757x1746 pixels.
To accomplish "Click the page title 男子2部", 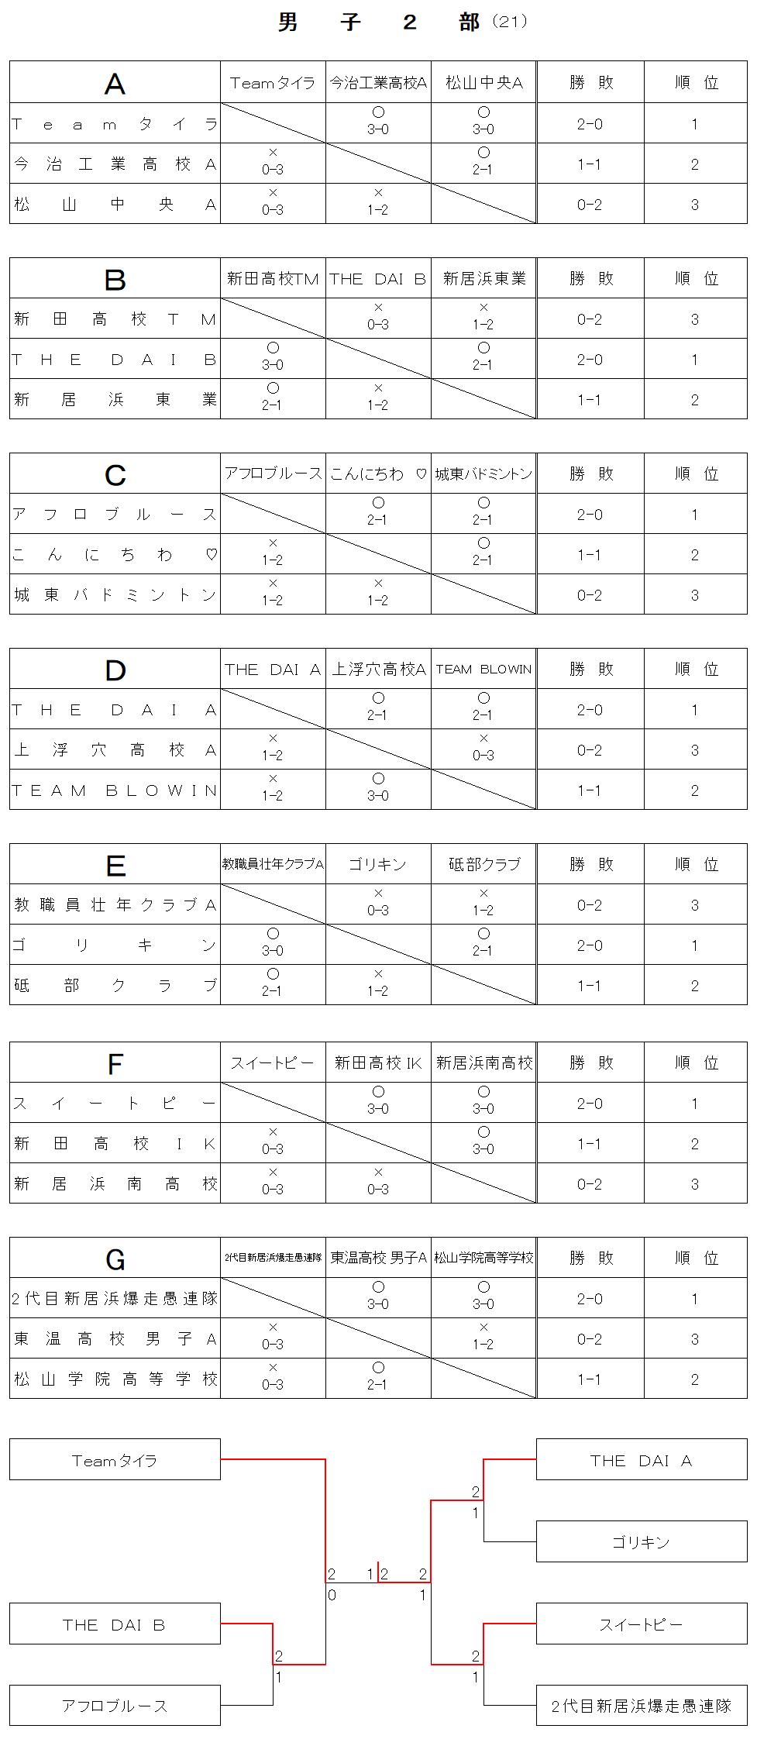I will click(380, 22).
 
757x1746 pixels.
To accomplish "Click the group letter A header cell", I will click(115, 83).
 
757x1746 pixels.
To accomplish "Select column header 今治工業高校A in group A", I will click(378, 83).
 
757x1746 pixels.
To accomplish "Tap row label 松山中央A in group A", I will click(115, 205).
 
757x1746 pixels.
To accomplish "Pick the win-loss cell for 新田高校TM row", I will click(590, 319).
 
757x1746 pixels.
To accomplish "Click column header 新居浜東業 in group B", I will click(484, 278).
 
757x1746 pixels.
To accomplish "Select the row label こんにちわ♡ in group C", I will click(115, 555).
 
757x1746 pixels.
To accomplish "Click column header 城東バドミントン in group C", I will click(484, 474).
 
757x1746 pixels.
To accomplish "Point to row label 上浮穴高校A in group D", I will click(115, 750).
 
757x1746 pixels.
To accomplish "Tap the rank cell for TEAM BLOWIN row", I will click(695, 790).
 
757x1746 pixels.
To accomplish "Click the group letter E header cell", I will click(115, 865).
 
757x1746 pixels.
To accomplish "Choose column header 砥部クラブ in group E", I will click(484, 864).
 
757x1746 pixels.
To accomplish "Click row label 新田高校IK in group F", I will click(115, 1144).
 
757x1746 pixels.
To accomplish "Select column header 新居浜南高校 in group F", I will click(484, 1062).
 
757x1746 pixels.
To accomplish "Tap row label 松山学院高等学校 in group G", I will click(115, 1379).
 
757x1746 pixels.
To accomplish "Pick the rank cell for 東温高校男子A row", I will click(695, 1339).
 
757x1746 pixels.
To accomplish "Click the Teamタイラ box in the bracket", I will click(115, 1460).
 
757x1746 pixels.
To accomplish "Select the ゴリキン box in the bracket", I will click(641, 1542).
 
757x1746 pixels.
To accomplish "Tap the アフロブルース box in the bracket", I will click(115, 1706).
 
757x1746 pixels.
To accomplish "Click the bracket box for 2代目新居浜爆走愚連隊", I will click(641, 1706).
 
